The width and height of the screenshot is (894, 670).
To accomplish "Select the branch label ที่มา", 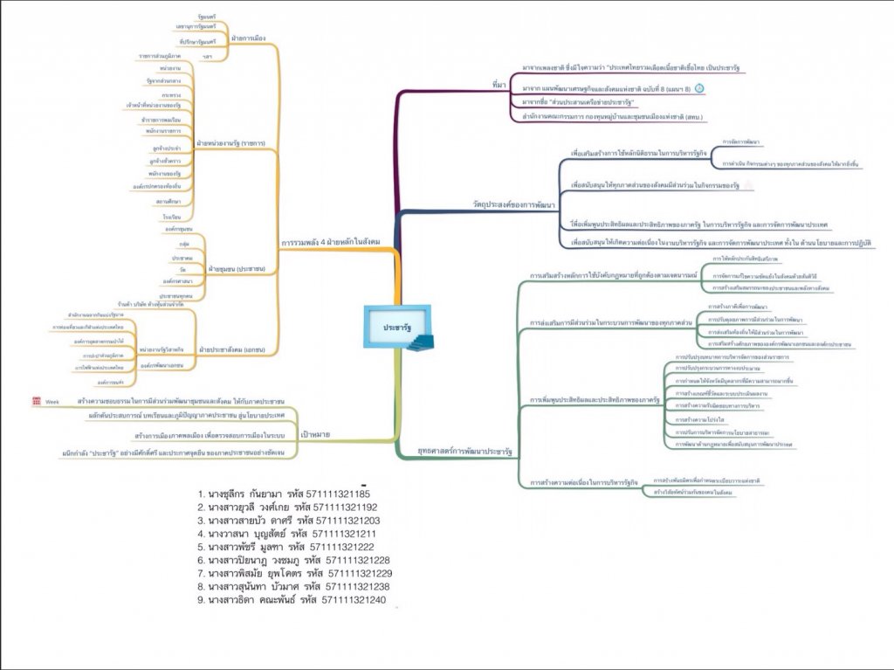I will [x=499, y=85].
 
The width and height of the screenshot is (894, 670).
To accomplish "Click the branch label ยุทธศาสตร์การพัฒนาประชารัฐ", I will [x=466, y=452].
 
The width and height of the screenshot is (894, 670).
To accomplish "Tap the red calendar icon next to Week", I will [x=36, y=400].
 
